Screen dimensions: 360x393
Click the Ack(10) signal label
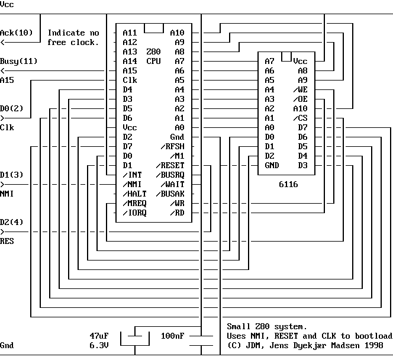pyautogui.click(x=17, y=33)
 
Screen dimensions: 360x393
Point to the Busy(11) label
pyautogui.click(x=19, y=61)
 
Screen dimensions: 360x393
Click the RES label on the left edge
pyautogui.click(x=7, y=241)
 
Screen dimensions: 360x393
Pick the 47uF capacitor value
pyautogui.click(x=99, y=336)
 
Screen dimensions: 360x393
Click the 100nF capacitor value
pyautogui.click(x=172, y=336)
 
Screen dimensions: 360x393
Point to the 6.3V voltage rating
pyautogui.click(x=99, y=345)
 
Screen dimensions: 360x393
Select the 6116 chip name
pyautogui.click(x=288, y=184)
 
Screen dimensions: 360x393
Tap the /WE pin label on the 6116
pyautogui.click(x=300, y=89)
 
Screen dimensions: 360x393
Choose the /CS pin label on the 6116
pyautogui.click(x=300, y=118)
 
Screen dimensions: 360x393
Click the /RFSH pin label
pyautogui.click(x=172, y=146)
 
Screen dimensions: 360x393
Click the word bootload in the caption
pyautogui.click(x=373, y=336)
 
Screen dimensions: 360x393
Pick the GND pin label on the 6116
pyautogui.click(x=272, y=165)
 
